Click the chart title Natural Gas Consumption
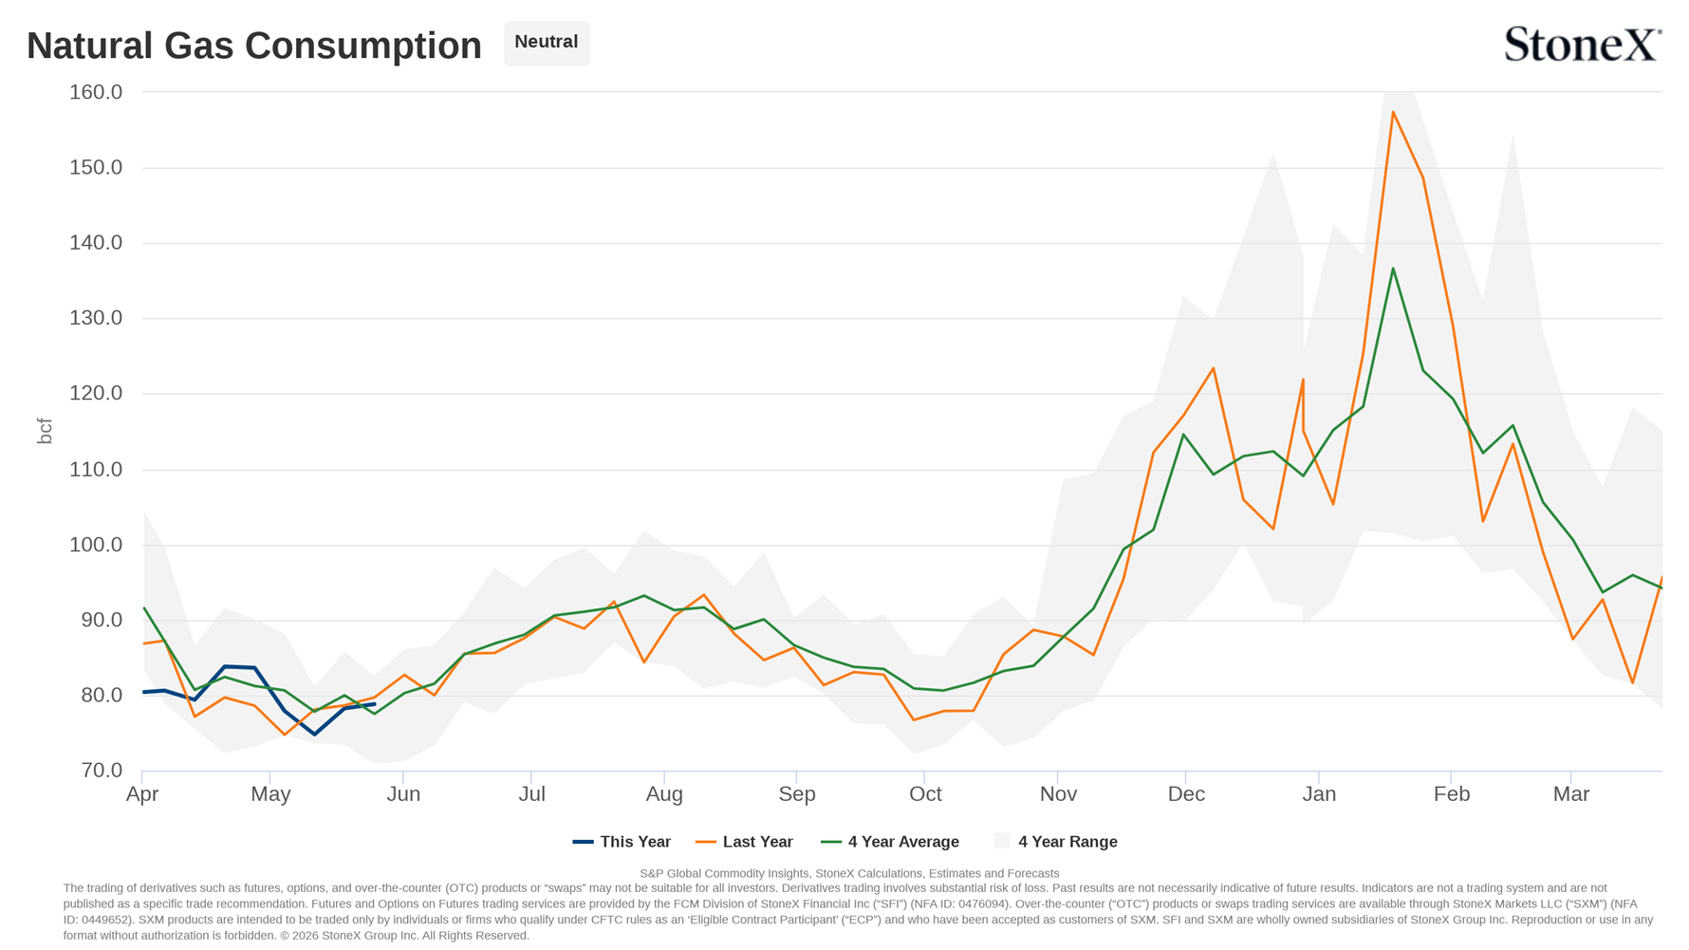click(254, 46)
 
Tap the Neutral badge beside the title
click(547, 43)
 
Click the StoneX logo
click(1583, 45)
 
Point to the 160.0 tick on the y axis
click(96, 92)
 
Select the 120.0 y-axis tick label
click(96, 393)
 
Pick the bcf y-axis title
click(45, 431)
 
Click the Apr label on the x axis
click(142, 794)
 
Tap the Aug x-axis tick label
click(664, 794)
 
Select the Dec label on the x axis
click(1186, 794)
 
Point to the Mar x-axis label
click(1570, 794)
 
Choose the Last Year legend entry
click(744, 842)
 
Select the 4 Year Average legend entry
click(890, 842)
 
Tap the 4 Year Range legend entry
click(1055, 842)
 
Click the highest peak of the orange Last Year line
click(1393, 112)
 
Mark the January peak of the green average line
click(1393, 269)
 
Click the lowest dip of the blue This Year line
click(315, 734)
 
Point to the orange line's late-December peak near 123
click(1214, 368)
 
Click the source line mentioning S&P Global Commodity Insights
click(849, 873)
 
